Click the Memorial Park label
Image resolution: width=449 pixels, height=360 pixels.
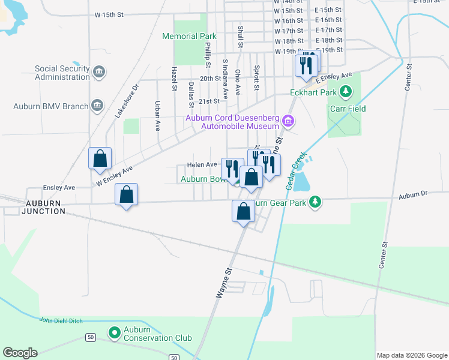pyautogui.click(x=188, y=36)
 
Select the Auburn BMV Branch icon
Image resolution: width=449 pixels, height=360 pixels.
pyautogui.click(x=97, y=107)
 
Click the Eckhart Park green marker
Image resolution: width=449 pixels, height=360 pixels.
pyautogui.click(x=345, y=92)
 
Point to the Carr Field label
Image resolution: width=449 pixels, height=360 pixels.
pyautogui.click(x=348, y=109)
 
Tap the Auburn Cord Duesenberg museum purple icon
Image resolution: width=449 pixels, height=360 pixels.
pyautogui.click(x=288, y=122)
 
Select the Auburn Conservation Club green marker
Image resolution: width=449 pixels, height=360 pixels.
pyautogui.click(x=114, y=332)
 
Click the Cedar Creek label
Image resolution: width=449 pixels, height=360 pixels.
pyautogui.click(x=296, y=170)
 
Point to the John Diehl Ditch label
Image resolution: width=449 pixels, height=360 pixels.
pyautogui.click(x=59, y=320)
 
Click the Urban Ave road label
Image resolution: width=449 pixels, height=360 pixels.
pyautogui.click(x=158, y=116)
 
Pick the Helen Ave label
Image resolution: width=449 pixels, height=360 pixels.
pyautogui.click(x=202, y=164)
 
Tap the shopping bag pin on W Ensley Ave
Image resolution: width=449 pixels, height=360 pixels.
pyautogui.click(x=100, y=159)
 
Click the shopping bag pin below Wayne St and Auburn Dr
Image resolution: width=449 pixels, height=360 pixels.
pyautogui.click(x=243, y=212)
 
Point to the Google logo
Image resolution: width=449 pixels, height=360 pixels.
pyautogui.click(x=20, y=353)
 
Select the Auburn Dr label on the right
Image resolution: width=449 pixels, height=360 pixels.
pyautogui.click(x=412, y=195)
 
